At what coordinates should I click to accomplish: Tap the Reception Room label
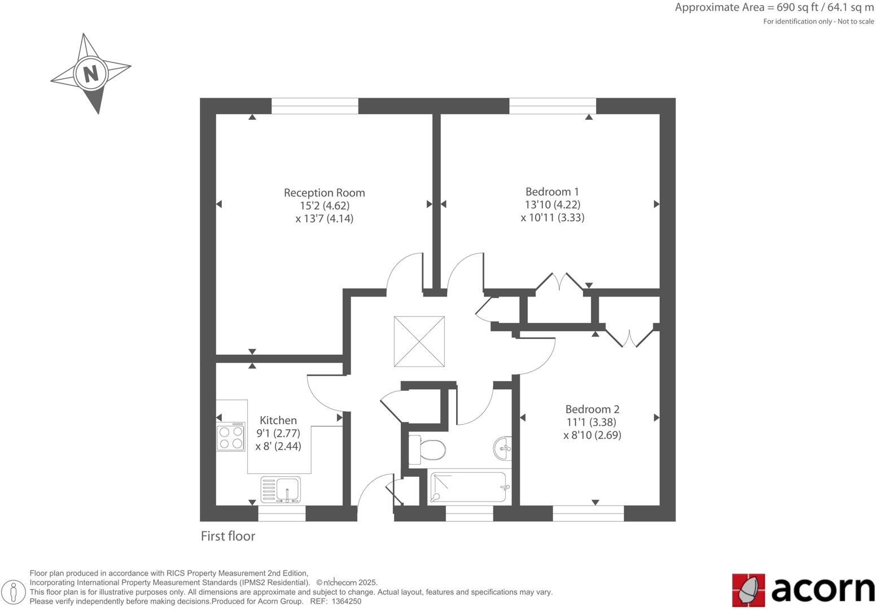click(324, 193)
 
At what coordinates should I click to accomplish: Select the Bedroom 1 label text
click(552, 191)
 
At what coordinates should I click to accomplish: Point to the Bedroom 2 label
click(592, 409)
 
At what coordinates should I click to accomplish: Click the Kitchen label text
click(278, 420)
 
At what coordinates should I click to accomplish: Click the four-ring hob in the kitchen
click(231, 437)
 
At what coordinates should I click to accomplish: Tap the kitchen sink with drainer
click(281, 489)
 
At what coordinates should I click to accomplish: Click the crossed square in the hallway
click(419, 341)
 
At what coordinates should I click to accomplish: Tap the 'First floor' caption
click(228, 536)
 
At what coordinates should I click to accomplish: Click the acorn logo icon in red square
click(748, 590)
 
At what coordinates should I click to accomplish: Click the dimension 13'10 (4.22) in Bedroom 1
click(552, 204)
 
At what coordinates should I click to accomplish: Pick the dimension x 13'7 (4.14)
click(324, 219)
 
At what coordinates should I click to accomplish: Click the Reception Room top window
click(314, 106)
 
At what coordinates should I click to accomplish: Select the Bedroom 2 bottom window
click(588, 513)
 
